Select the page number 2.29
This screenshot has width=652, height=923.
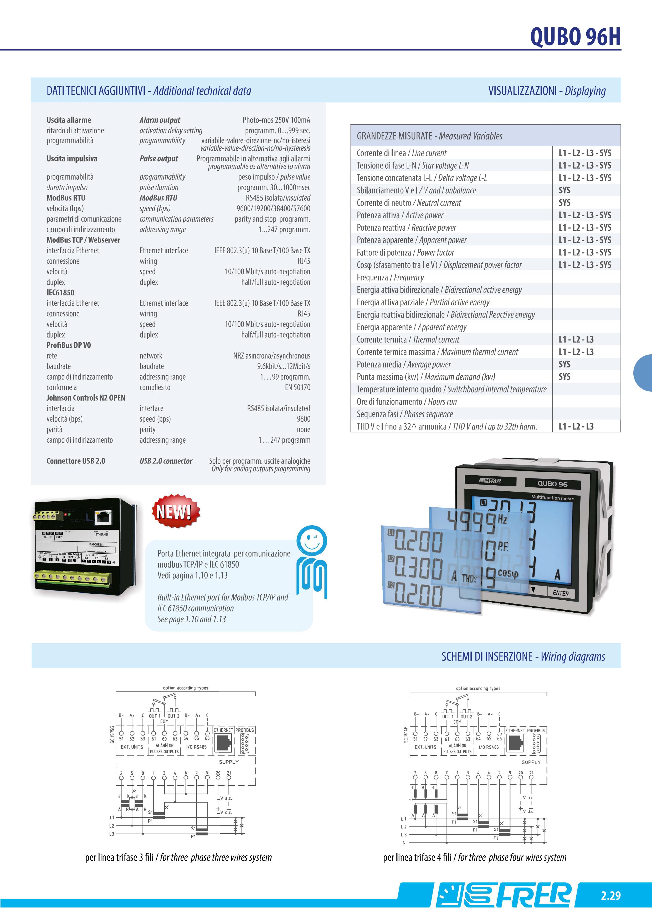611,895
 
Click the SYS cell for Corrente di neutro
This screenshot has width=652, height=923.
564,203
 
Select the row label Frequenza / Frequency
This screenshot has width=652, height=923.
390,278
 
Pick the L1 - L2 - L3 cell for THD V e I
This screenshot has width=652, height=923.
576,427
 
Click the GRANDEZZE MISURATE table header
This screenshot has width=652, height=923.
429,136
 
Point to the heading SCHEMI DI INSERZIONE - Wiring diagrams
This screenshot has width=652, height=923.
523,657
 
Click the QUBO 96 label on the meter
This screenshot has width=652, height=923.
552,484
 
